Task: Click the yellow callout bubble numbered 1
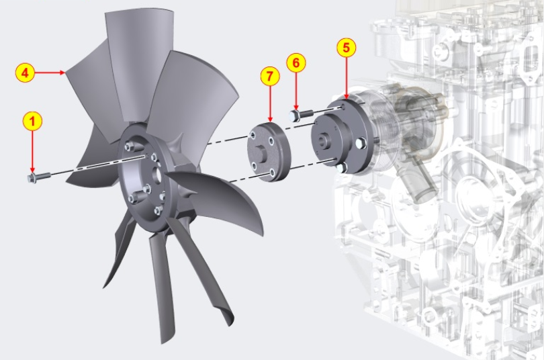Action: pos(32,122)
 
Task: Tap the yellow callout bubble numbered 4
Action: pos(25,73)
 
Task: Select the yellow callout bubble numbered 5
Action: pos(347,48)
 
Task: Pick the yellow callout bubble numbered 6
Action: pos(296,62)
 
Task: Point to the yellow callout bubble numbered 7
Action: pos(270,77)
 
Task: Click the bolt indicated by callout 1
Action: pos(39,177)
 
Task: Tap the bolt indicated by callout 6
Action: pos(301,114)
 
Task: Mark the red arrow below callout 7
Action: pos(270,104)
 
